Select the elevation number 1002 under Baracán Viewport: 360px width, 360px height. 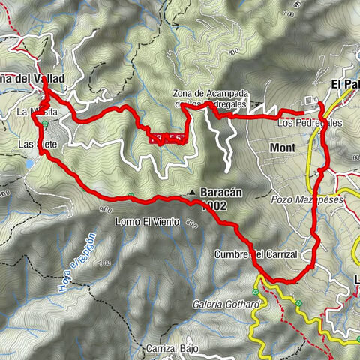(x=214, y=205)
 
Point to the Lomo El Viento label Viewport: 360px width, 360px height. (x=148, y=222)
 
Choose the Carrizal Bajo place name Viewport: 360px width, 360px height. (x=171, y=349)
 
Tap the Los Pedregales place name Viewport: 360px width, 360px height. (x=309, y=122)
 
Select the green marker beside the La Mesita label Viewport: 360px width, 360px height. (x=47, y=124)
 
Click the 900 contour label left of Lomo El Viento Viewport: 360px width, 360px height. (x=103, y=210)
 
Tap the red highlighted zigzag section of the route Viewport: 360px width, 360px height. (x=166, y=137)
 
